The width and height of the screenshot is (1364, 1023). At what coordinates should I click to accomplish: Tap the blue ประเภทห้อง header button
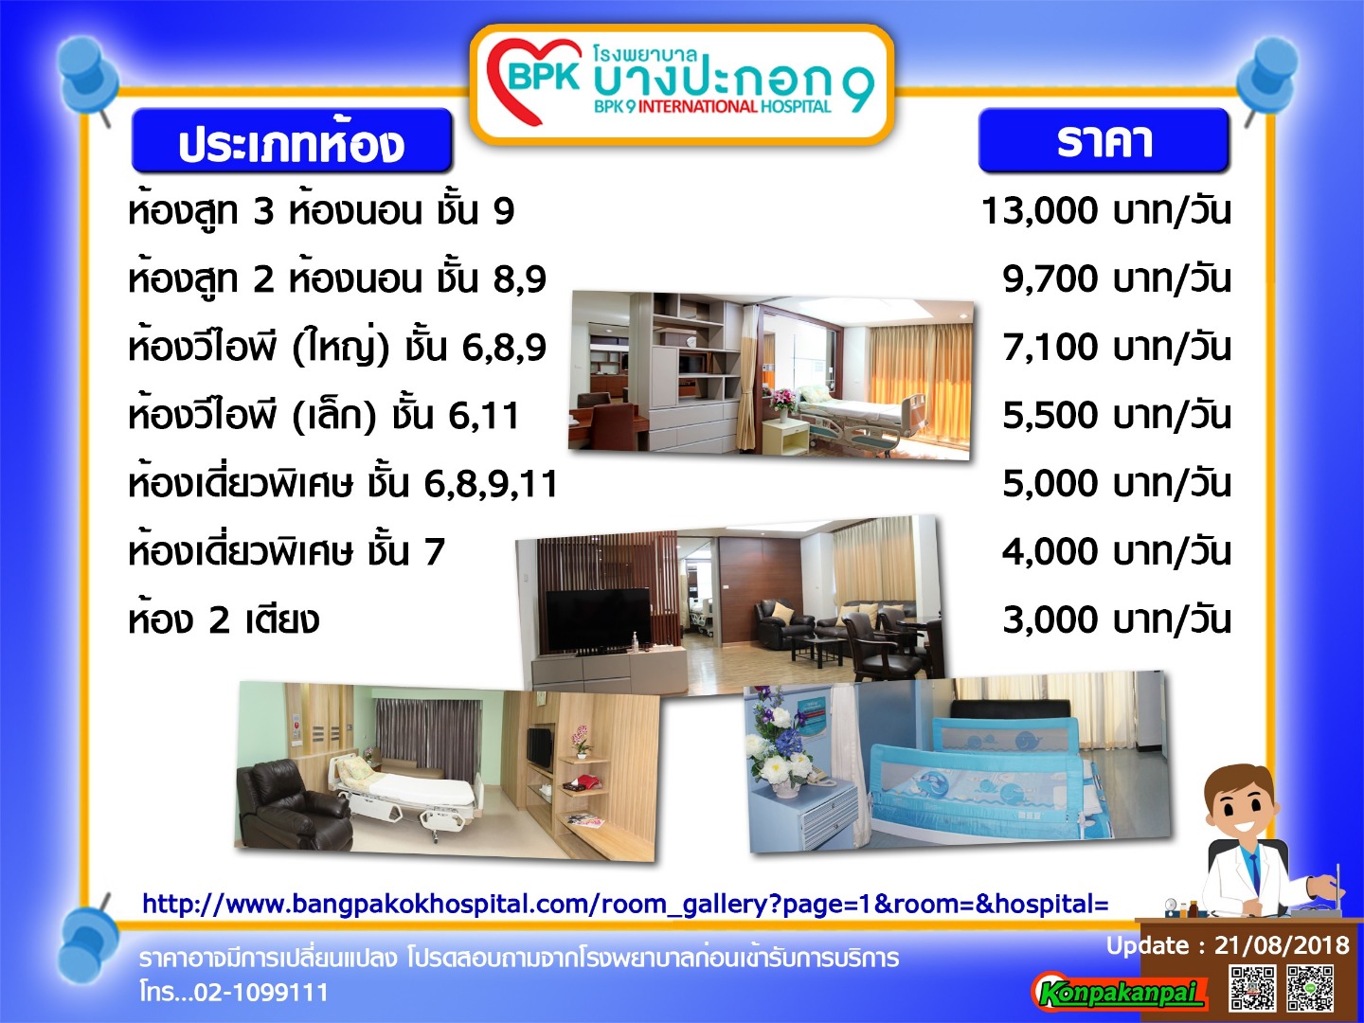pos(292,140)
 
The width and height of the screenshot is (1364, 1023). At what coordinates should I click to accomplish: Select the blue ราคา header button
pos(1104,140)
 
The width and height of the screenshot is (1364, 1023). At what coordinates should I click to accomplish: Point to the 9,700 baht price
pos(1117,278)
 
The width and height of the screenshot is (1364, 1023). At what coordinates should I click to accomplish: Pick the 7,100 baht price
pos(1117,348)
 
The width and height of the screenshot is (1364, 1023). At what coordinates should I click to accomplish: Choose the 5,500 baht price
pos(1117,416)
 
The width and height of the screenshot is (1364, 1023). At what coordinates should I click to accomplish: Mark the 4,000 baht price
pos(1117,551)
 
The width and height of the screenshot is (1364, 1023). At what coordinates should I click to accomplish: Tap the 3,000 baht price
pos(1117,619)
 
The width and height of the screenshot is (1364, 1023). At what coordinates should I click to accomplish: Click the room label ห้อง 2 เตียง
pos(224,619)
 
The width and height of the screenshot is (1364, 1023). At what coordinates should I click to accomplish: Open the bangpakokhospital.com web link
pos(625,905)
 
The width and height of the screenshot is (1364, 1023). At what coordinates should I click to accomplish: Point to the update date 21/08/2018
pos(1282,945)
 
